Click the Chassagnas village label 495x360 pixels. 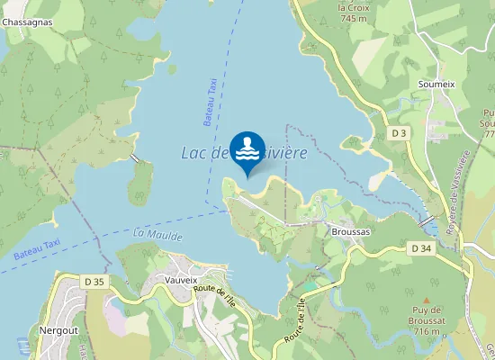click(26, 22)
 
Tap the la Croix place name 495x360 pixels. click(354, 8)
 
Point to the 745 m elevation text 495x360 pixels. click(354, 19)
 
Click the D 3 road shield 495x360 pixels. click(400, 133)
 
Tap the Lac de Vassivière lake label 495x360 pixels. click(245, 153)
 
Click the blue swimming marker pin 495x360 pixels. click(247, 151)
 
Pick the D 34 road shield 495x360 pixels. click(421, 247)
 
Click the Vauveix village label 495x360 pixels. click(181, 280)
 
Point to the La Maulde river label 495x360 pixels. click(157, 236)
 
